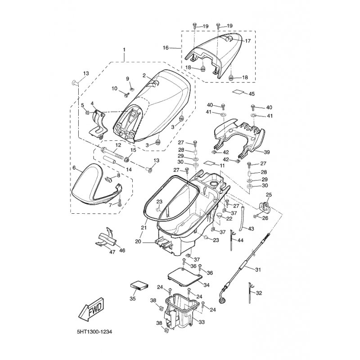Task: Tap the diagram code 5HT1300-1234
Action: pyautogui.click(x=94, y=332)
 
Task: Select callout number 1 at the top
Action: pyautogui.click(x=124, y=49)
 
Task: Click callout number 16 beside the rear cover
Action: pyautogui.click(x=166, y=48)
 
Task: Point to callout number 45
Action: pyautogui.click(x=252, y=94)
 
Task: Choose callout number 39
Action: pyautogui.click(x=267, y=152)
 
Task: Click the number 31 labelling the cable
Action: pyautogui.click(x=258, y=270)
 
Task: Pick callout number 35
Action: pyautogui.click(x=133, y=299)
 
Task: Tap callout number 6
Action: pyautogui.click(x=74, y=168)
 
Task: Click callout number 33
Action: pyautogui.click(x=201, y=322)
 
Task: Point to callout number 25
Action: pyautogui.click(x=269, y=195)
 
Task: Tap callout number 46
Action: pyautogui.click(x=122, y=250)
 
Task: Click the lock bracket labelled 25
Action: pyautogui.click(x=264, y=206)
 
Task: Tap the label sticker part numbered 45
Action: pyautogui.click(x=238, y=92)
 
